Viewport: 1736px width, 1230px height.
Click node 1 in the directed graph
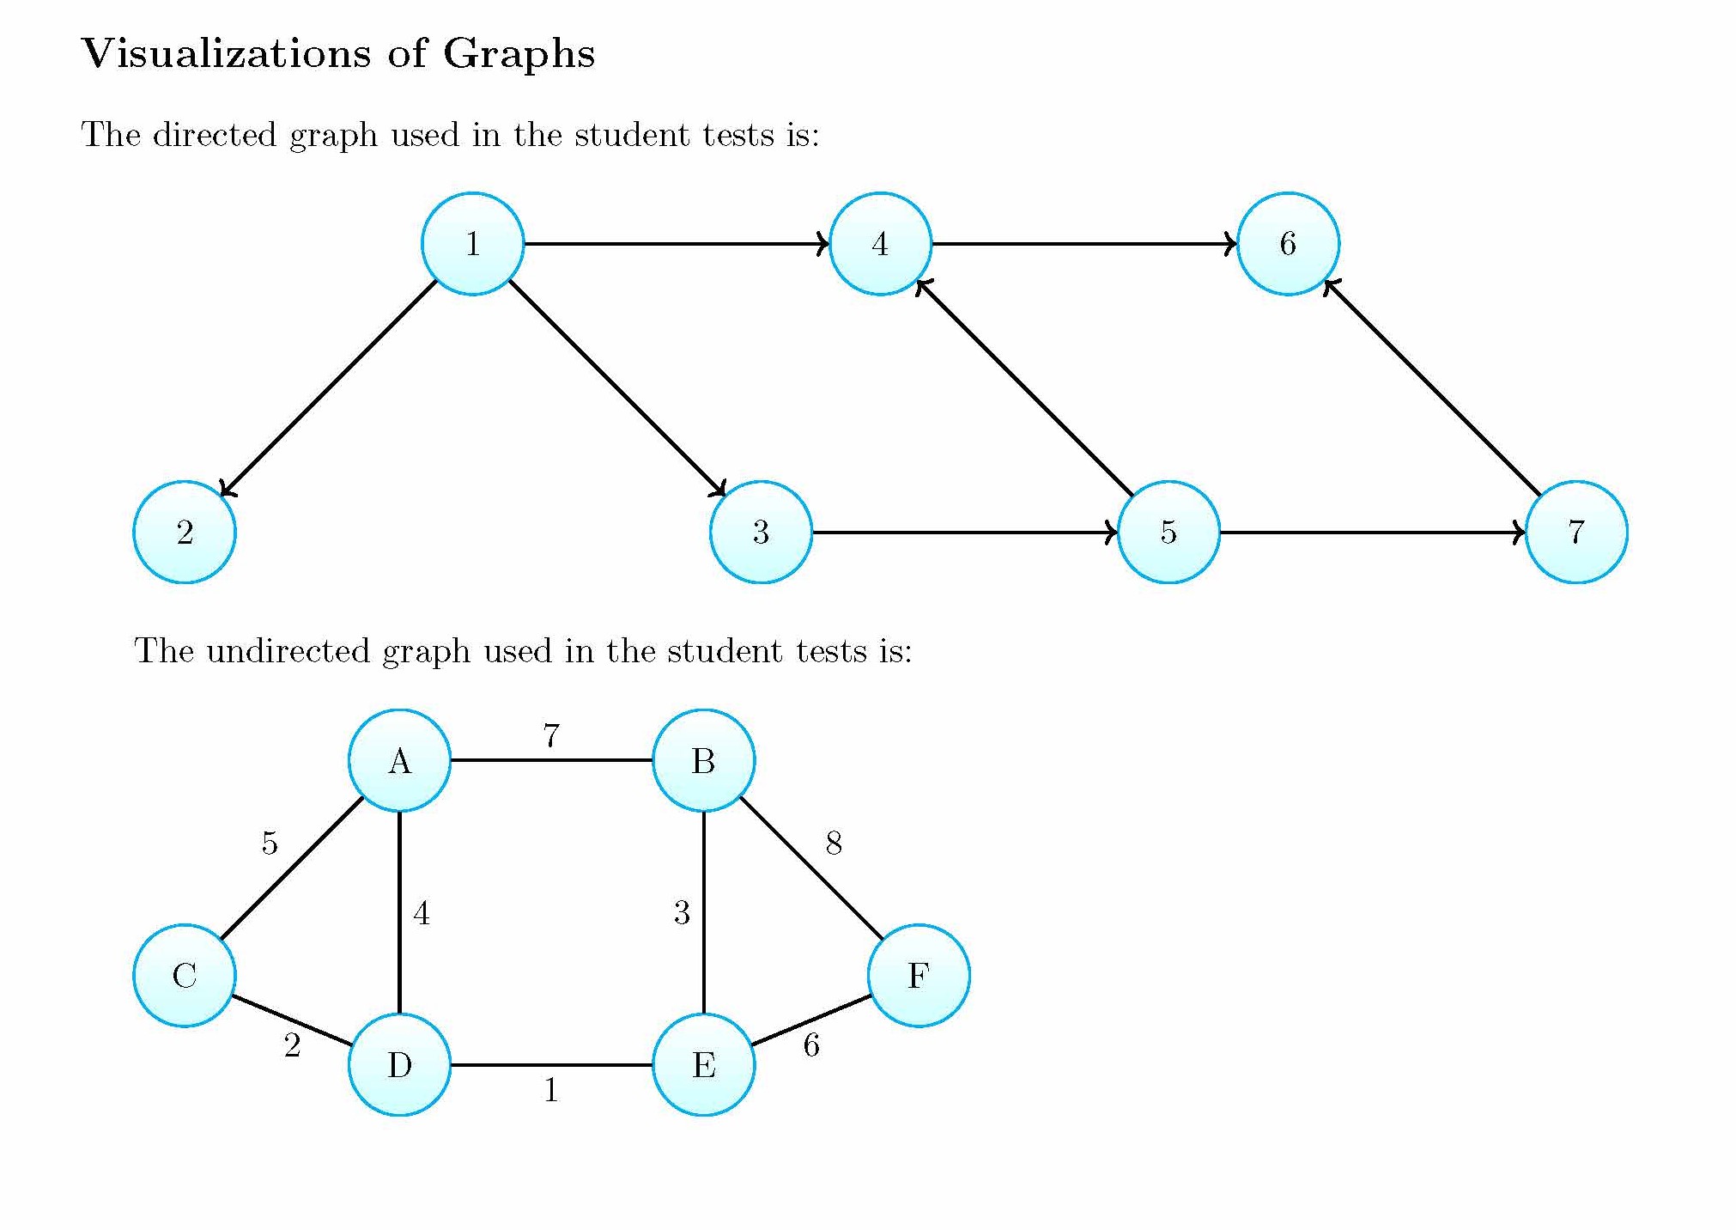[472, 244]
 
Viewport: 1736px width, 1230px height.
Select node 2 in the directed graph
[185, 532]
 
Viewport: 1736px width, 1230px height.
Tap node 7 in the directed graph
[1575, 532]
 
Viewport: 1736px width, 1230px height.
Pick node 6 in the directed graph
[1288, 244]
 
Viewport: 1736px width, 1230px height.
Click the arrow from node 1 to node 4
[677, 244]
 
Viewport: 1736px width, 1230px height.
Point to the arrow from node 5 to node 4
[1024, 388]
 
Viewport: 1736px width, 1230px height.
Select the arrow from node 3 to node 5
[964, 533]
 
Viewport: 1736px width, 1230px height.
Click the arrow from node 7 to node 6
[1432, 388]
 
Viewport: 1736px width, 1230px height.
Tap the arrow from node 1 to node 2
[329, 388]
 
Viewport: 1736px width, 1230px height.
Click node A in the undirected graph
[399, 760]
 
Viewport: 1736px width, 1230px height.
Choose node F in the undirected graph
[919, 975]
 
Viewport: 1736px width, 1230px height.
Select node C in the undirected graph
[185, 975]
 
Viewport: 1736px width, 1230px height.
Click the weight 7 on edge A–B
[551, 736]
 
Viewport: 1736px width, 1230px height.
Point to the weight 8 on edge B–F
[834, 843]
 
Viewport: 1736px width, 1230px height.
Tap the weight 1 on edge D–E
[551, 1090]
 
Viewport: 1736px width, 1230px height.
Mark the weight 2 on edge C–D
[292, 1045]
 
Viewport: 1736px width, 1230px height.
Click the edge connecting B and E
[704, 912]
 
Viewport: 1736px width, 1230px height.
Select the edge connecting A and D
[399, 912]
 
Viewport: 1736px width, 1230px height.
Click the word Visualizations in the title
[225, 53]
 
